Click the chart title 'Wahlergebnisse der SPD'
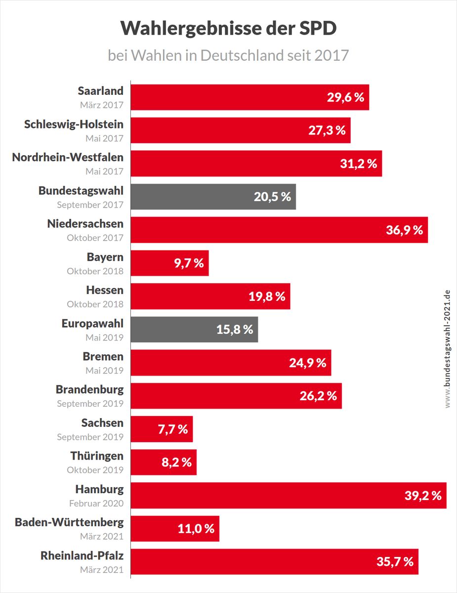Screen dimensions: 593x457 [228, 29]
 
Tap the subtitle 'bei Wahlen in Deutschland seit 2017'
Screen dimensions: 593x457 [228, 55]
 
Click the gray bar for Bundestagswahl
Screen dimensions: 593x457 [213, 197]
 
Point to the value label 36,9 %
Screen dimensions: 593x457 [404, 230]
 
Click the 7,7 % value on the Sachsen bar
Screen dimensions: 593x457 [173, 429]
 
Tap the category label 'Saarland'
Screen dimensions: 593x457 [101, 91]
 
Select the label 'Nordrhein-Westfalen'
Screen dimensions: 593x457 [68, 157]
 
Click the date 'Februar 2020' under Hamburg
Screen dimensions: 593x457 [96, 504]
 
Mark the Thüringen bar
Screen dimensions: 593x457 [164, 462]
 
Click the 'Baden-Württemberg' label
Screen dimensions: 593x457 [69, 522]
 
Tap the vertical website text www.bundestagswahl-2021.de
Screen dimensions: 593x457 [448, 349]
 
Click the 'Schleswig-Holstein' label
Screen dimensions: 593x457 [74, 124]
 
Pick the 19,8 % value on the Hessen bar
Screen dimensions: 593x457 [267, 296]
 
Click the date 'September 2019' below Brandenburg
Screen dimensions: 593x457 [90, 404]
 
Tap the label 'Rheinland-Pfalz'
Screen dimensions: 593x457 [82, 555]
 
